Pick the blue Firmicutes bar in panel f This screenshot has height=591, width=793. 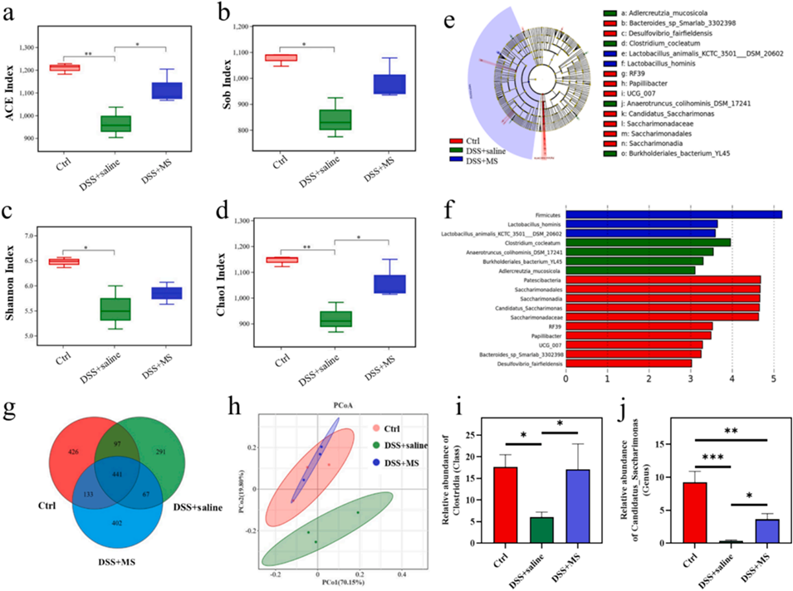[x=673, y=214]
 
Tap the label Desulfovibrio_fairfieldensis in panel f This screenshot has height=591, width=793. [x=519, y=362]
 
